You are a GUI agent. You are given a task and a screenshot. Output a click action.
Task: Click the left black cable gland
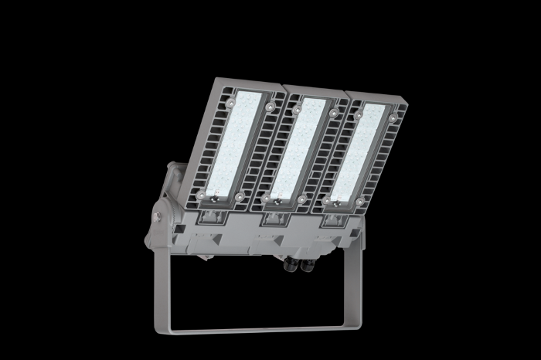292,266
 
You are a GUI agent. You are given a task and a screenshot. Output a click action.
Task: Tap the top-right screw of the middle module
333,114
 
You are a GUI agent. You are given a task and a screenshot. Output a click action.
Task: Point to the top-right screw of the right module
393,118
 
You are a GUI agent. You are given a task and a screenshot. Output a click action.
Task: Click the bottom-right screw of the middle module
300,200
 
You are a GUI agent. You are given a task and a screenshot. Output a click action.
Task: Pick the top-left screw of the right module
359,114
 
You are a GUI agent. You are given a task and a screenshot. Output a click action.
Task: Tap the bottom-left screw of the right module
327,201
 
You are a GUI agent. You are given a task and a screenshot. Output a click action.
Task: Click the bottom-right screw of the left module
239,199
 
